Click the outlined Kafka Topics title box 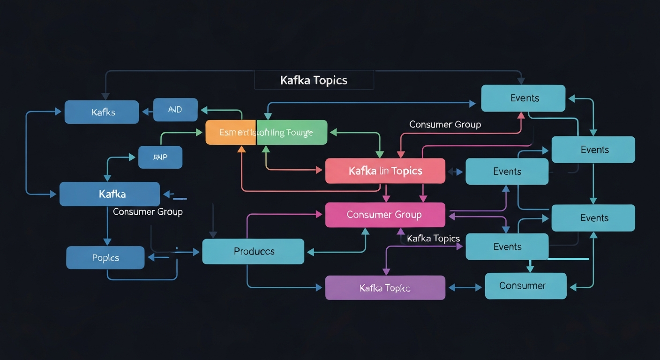click(314, 80)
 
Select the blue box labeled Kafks click(102, 112)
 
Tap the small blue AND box click(175, 110)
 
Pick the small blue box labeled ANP click(160, 157)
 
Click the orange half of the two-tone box click(231, 132)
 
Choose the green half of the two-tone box click(292, 132)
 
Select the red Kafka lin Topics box click(385, 171)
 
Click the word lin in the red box click(384, 171)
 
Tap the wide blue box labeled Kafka click(110, 194)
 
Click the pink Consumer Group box click(385, 215)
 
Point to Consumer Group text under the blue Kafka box click(148, 212)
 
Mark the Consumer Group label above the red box click(445, 124)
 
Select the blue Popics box click(105, 258)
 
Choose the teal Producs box click(253, 251)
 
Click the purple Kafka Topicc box click(385, 288)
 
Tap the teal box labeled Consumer click(525, 286)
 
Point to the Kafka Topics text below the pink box click(433, 239)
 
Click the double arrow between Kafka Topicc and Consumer click(465, 288)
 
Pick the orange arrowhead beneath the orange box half click(241, 149)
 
